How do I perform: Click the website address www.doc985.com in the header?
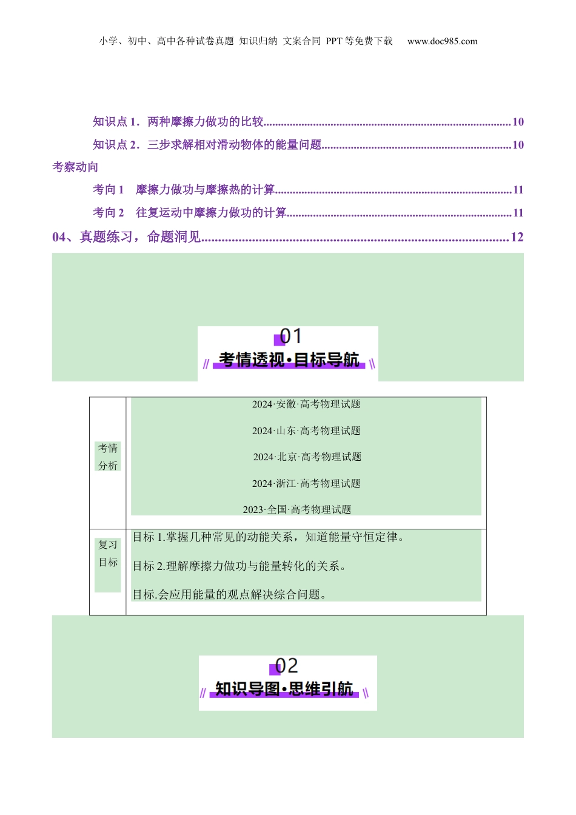442,41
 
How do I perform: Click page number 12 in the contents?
517,237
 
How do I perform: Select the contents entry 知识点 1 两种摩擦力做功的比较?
178,122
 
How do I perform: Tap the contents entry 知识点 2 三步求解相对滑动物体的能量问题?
207,145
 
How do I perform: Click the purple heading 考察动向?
75,167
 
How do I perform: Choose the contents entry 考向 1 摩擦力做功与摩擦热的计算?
184,190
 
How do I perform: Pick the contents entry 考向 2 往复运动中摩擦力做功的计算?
189,213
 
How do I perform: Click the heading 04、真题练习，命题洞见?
126,237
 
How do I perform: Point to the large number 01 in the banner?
290,336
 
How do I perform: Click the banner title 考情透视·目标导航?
289,360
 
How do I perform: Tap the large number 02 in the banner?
286,666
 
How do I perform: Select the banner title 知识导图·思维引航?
284,689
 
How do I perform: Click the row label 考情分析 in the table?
108,457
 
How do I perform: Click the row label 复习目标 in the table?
108,554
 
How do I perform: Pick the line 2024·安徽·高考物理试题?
306,404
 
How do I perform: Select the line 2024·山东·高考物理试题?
306,431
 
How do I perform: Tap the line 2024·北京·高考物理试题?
307,457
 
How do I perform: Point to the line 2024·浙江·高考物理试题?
306,484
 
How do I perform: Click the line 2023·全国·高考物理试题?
297,510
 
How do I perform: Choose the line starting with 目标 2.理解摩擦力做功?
239,566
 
